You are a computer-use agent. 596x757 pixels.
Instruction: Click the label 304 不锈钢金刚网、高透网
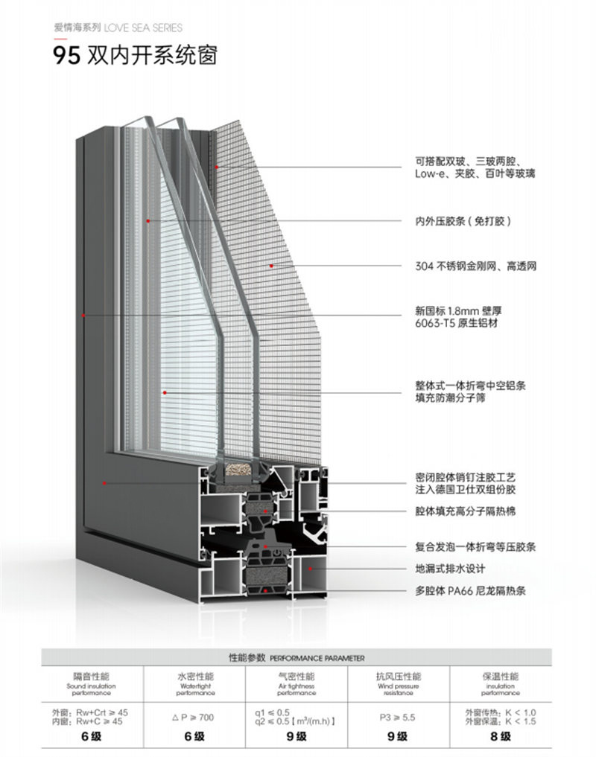point(475,266)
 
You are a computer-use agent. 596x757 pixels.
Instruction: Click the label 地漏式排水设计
point(450,569)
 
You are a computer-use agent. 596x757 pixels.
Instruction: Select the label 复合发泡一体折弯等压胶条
point(475,547)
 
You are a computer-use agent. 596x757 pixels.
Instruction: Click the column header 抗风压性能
point(399,677)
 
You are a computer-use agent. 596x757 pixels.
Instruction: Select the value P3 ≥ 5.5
point(398,717)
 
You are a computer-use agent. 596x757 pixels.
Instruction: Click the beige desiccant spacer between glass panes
point(237,470)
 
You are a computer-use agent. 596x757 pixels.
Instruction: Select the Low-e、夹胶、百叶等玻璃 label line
point(475,173)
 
